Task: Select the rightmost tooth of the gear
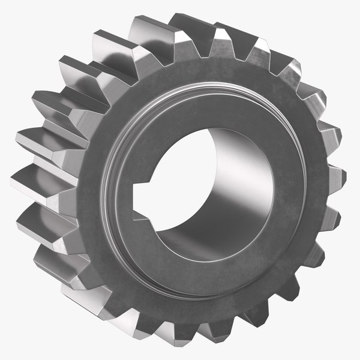tap(335, 178)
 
